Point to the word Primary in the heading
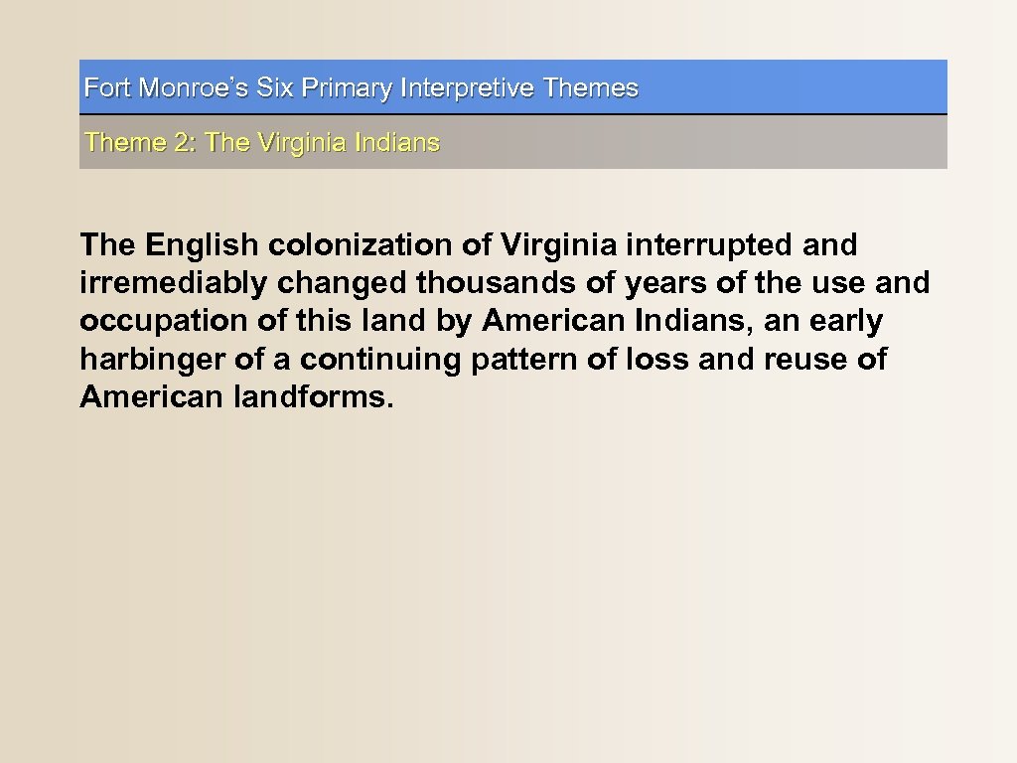pos(347,88)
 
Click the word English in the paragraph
pos(203,244)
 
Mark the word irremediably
pos(174,283)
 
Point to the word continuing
pos(380,359)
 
